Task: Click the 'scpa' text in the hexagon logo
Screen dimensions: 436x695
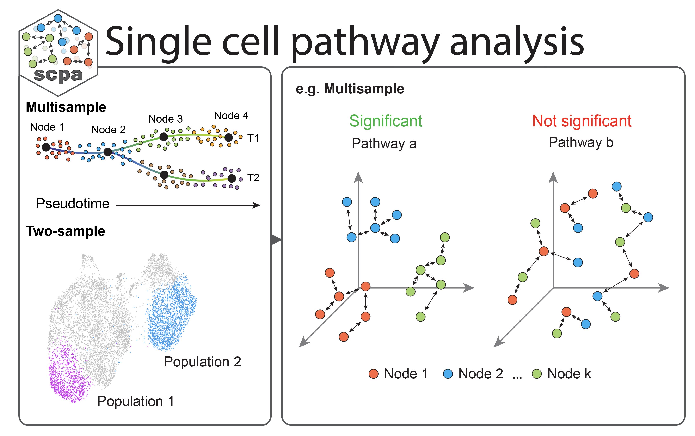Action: [58, 75]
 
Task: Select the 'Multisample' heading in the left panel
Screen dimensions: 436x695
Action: [66, 107]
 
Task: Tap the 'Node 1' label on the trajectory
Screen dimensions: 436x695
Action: [47, 127]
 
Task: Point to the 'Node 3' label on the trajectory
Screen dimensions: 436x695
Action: [166, 119]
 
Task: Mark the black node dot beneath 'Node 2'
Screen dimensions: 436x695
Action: [108, 152]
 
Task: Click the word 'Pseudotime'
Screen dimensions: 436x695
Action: [73, 204]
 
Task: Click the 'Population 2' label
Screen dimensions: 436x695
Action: [202, 362]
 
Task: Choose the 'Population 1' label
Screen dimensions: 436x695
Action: [136, 401]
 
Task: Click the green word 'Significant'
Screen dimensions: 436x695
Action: [386, 121]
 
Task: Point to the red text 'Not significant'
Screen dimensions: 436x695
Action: [582, 121]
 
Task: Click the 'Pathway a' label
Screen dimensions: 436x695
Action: [384, 143]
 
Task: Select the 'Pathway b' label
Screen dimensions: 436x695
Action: [581, 142]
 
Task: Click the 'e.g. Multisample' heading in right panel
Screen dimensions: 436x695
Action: [350, 89]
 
